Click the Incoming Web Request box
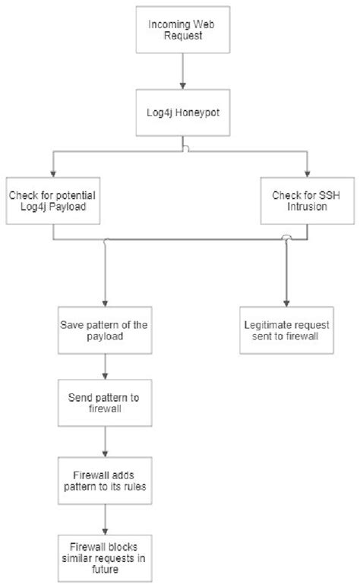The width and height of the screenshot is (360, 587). [182, 30]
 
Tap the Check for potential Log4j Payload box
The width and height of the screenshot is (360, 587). [52, 200]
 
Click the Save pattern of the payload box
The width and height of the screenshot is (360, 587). [104, 330]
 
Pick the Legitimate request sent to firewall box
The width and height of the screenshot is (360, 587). [286, 330]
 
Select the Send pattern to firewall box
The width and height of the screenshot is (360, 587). [104, 402]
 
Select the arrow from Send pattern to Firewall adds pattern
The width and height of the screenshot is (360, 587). [104, 440]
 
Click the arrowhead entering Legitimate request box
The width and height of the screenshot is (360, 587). [286, 302]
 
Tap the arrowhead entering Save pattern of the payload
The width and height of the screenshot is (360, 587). [104, 302]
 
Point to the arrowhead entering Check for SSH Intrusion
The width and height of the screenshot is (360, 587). [307, 173]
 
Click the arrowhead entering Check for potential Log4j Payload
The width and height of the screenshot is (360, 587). [52, 173]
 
